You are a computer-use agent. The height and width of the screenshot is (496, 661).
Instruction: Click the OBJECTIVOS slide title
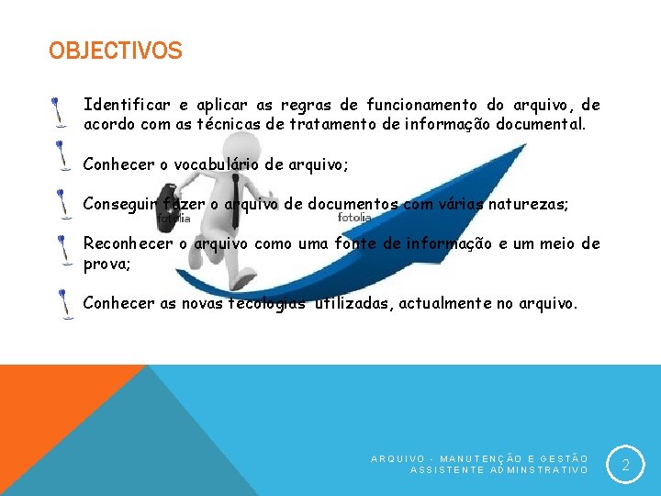[x=116, y=51]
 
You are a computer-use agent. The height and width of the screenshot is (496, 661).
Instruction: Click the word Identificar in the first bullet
[x=121, y=105]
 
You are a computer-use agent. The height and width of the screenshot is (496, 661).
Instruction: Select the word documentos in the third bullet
[x=353, y=204]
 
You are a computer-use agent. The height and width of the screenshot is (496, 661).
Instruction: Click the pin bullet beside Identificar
[x=58, y=111]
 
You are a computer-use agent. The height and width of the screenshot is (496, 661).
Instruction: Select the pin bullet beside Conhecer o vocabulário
[x=62, y=155]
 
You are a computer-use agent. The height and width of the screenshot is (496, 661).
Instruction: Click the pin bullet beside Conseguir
[x=62, y=204]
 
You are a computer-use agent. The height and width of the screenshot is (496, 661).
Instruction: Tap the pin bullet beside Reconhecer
[x=62, y=250]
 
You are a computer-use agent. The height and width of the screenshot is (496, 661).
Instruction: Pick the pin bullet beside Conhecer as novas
[x=64, y=304]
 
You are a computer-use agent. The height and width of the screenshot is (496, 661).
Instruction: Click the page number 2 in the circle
[x=625, y=466]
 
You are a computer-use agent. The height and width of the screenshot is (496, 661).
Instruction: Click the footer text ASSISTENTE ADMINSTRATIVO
[x=499, y=469]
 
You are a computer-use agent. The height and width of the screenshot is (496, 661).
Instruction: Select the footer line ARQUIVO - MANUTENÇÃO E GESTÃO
[x=479, y=457]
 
